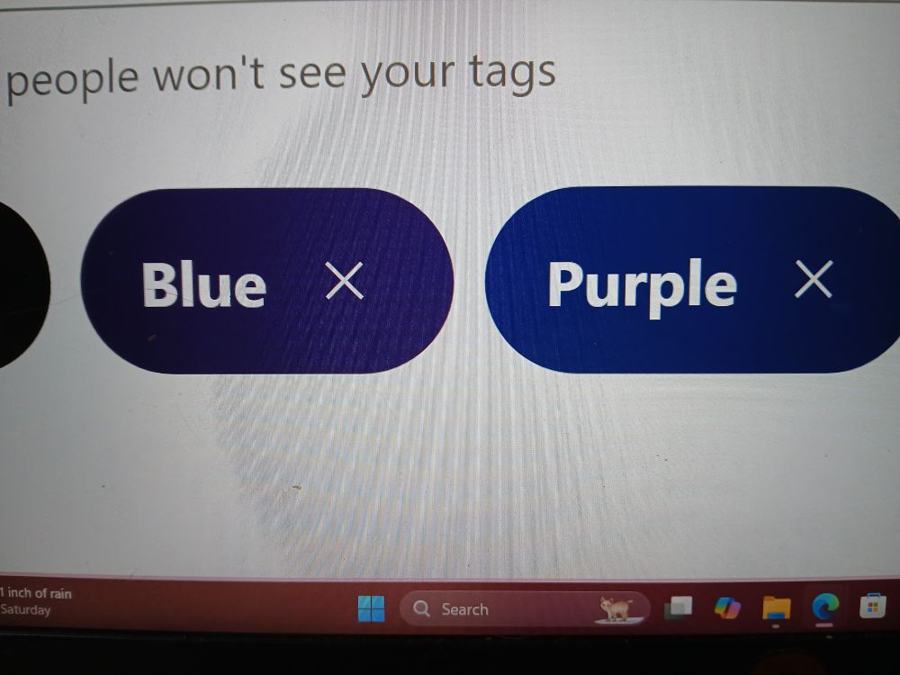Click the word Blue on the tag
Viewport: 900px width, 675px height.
(x=204, y=284)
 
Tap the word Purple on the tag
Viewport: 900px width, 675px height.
(x=643, y=286)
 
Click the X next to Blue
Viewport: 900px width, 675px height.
(x=345, y=281)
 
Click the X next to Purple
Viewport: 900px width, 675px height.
(x=814, y=279)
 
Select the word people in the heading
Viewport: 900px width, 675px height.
(x=72, y=80)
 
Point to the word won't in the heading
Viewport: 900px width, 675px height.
(x=209, y=76)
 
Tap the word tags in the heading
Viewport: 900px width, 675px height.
(x=512, y=74)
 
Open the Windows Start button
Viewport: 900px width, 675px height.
(x=372, y=608)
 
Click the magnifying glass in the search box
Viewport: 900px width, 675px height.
(x=421, y=608)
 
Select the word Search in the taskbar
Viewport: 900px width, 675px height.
(x=465, y=609)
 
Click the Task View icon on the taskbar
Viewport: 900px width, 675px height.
(x=678, y=607)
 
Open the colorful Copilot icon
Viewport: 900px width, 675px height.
(x=727, y=607)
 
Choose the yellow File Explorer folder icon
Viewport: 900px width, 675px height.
(x=776, y=608)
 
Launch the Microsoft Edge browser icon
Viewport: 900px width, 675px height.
(x=825, y=606)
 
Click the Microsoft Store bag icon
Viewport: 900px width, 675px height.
(x=872, y=606)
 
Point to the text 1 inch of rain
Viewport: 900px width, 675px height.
(x=36, y=593)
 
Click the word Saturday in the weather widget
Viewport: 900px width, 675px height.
(x=25, y=609)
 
